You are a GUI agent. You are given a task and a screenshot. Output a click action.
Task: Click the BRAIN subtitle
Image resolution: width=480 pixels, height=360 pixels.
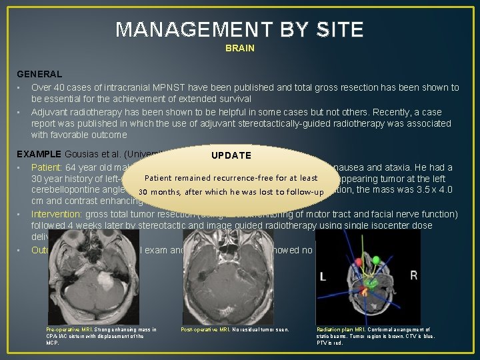coord(239,49)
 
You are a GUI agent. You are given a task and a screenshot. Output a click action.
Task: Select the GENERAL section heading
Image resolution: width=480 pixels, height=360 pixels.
coord(39,75)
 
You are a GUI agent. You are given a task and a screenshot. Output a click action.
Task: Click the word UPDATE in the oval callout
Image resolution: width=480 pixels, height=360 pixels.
coord(231,155)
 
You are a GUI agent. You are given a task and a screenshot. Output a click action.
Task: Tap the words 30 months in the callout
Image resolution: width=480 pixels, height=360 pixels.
coord(159,193)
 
